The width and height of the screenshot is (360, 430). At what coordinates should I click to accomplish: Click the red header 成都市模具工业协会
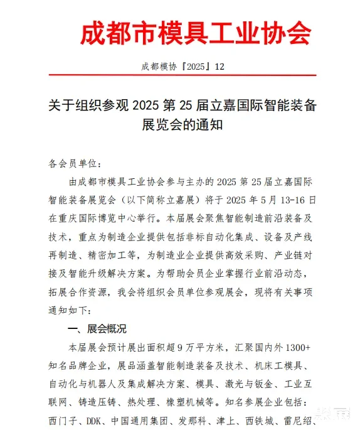click(x=195, y=32)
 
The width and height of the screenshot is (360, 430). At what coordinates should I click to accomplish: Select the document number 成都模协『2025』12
click(x=179, y=67)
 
